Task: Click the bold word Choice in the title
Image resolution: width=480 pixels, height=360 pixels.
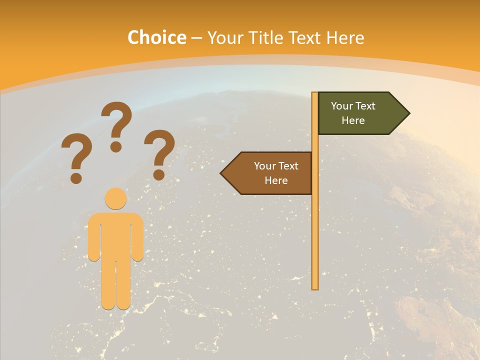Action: coord(156,38)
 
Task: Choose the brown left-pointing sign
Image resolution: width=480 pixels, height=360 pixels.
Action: coord(270,173)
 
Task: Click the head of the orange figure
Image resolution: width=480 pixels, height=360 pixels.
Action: coord(115,198)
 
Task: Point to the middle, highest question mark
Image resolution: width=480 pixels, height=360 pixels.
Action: coord(116,125)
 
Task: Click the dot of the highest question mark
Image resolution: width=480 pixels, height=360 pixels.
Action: coord(116,146)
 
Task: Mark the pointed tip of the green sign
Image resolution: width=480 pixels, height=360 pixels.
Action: coord(409,113)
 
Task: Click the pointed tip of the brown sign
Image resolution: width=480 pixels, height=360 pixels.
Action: coord(221,173)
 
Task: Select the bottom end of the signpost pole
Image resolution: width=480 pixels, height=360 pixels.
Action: coord(315,287)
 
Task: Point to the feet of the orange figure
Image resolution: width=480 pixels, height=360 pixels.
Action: coord(116,304)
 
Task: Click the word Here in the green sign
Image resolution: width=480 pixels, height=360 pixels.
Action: coord(353,120)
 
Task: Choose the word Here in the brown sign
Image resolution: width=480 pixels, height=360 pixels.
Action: coord(276,180)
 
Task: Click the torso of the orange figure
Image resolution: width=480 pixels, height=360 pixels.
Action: coord(115,235)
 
